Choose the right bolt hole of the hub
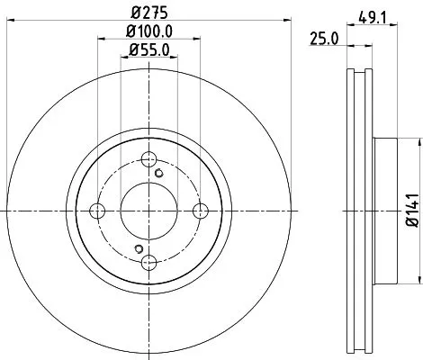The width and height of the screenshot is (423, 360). click(x=202, y=210)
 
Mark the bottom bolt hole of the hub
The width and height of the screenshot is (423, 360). click(x=149, y=262)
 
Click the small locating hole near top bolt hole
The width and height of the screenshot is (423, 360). click(x=159, y=173)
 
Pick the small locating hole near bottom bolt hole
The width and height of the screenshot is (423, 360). click(x=138, y=248)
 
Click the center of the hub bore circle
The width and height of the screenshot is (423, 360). click(x=149, y=210)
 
